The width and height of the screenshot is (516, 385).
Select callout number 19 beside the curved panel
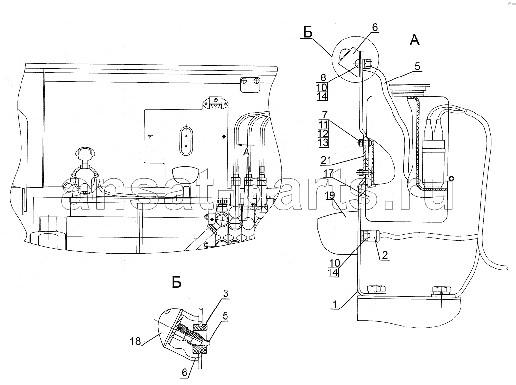click(330, 195)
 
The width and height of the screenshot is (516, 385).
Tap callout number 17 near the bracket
click(328, 173)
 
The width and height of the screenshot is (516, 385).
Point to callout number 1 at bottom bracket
click(335, 304)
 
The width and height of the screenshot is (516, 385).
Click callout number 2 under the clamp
click(385, 254)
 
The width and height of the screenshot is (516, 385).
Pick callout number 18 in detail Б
click(135, 341)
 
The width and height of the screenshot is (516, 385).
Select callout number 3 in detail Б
click(225, 294)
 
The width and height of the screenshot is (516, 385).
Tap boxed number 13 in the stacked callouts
click(323, 143)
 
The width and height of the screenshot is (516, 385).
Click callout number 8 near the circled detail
click(323, 77)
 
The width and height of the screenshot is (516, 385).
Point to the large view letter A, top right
click(414, 40)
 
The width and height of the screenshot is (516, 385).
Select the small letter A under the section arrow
click(246, 152)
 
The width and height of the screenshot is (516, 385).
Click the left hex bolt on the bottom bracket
click(376, 289)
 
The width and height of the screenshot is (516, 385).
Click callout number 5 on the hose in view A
click(417, 67)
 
